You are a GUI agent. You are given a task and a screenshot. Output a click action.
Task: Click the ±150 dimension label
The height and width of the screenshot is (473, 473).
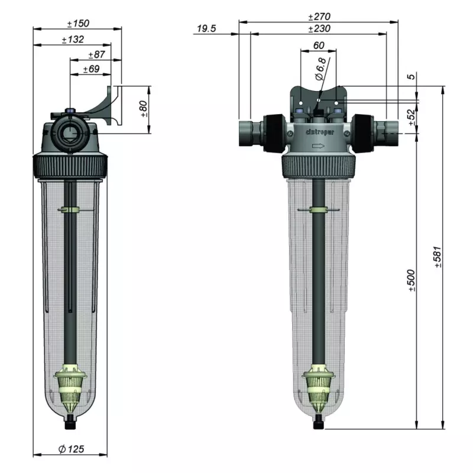(77, 24)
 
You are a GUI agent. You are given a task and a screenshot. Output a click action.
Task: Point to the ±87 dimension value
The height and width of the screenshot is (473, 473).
(96, 54)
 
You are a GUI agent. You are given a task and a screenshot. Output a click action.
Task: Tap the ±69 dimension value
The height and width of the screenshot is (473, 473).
(90, 69)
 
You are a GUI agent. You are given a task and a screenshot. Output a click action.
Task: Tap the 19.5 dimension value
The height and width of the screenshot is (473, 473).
(207, 28)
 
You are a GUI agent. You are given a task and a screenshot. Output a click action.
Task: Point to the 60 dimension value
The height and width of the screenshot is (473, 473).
(318, 45)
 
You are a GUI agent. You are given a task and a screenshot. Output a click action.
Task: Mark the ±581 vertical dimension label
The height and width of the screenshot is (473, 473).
(438, 256)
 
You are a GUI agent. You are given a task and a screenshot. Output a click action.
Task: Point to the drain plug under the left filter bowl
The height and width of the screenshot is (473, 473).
(70, 422)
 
